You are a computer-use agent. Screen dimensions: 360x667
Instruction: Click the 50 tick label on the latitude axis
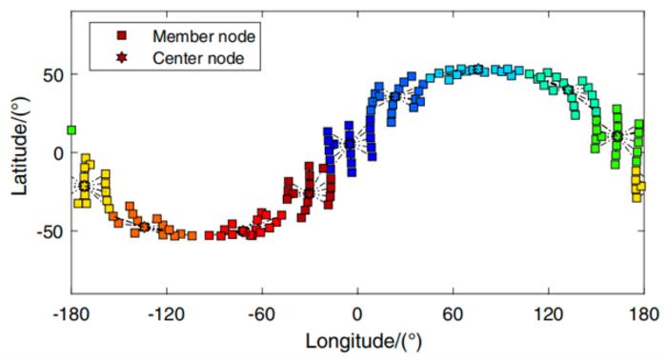[53, 74]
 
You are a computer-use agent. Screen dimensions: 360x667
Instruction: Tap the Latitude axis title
[19, 152]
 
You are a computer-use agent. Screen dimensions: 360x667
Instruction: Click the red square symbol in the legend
[122, 36]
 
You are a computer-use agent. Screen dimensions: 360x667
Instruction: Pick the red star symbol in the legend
[122, 57]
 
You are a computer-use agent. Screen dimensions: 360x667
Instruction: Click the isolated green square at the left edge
[71, 130]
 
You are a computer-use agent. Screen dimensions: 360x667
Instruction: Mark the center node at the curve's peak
[478, 69]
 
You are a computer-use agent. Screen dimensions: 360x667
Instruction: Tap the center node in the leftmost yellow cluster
[85, 186]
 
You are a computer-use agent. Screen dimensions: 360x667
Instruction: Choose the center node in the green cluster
[617, 136]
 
